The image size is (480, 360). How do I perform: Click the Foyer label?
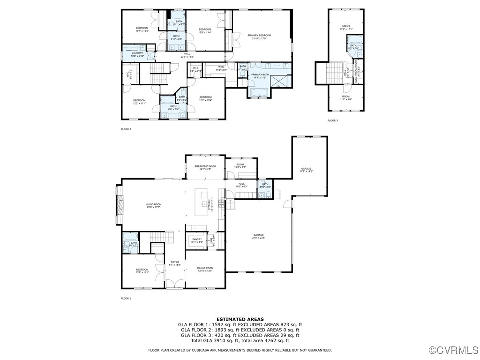[175, 263]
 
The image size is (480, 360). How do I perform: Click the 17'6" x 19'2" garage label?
[306, 170]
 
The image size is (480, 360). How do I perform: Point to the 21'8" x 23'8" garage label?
[259, 236]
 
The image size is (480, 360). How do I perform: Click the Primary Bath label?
[260, 76]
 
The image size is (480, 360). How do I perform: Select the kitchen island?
[203, 202]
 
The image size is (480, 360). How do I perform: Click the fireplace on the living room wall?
[120, 204]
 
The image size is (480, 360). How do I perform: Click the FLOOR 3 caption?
[332, 120]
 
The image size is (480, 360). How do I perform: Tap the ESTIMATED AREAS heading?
[240, 319]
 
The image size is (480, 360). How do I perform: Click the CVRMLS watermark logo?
[453, 350]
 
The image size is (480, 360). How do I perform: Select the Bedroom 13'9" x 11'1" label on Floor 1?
[142, 271]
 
